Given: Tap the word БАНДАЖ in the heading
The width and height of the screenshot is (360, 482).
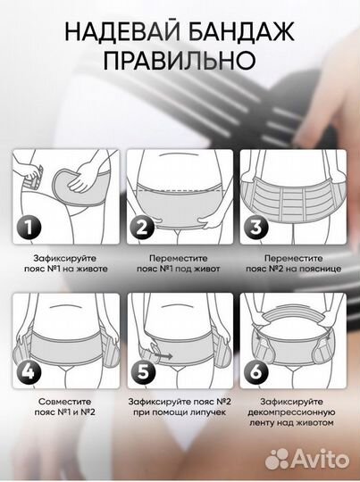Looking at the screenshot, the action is (241, 32).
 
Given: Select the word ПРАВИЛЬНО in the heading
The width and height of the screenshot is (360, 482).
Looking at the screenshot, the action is (180, 61).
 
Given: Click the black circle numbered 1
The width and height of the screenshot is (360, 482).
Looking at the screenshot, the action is (29, 228).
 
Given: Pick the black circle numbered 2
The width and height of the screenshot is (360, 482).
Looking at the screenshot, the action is (142, 228).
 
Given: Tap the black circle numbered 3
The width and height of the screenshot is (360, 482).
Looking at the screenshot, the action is (256, 228).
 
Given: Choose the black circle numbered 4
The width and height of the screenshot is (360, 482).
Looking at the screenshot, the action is (29, 372).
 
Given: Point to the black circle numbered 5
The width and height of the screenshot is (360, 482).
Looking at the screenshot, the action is (143, 372).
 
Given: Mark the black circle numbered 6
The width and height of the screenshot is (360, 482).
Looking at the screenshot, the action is (256, 372).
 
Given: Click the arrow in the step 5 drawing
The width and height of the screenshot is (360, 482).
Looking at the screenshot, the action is (163, 355).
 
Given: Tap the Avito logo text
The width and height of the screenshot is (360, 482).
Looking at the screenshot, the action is (320, 460).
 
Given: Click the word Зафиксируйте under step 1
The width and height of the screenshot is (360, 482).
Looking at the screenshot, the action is (65, 258).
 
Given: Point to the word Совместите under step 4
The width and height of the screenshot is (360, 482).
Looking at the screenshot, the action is (65, 402).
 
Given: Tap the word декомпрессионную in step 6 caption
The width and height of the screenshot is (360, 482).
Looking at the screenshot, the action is (291, 412).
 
